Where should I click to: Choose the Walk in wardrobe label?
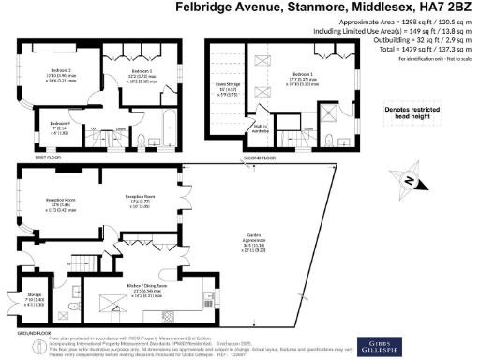point(260,128)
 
